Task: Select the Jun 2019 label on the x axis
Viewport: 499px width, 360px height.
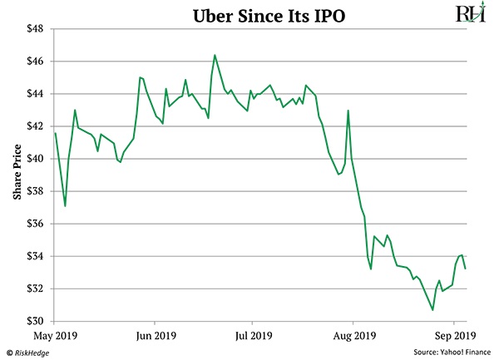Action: [155, 337]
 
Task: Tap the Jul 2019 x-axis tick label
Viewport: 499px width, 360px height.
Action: [253, 337]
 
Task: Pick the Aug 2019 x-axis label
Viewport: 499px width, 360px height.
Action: [353, 337]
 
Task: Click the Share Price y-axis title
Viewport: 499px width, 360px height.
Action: [15, 175]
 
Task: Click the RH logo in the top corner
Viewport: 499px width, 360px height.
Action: [470, 14]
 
